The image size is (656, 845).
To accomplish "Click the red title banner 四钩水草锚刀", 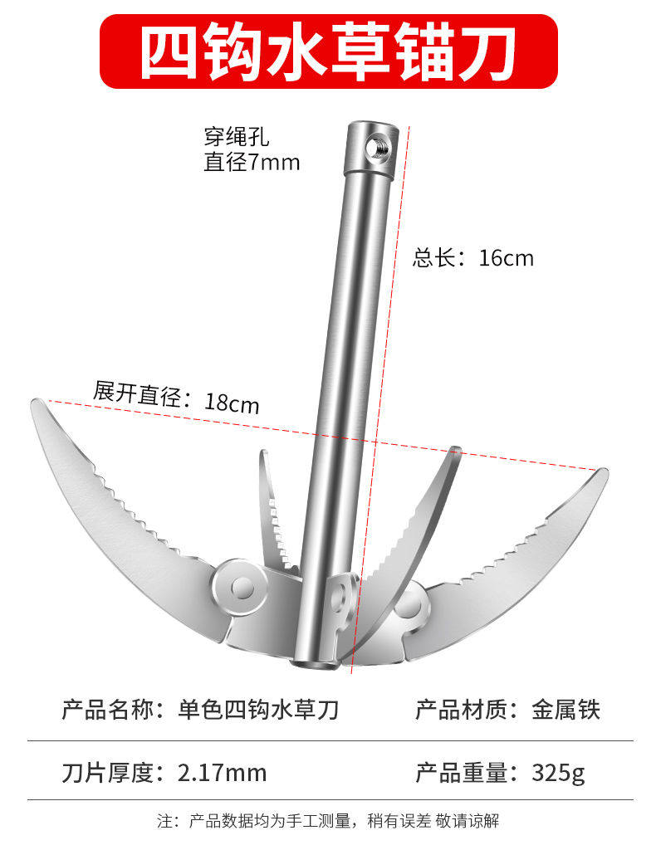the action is pyautogui.click(x=328, y=51).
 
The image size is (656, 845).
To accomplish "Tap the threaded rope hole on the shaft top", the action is pyautogui.click(x=378, y=147).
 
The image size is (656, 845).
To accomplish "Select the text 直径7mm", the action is pyautogui.click(x=252, y=162).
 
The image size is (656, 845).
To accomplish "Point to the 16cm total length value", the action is pyautogui.click(x=507, y=258).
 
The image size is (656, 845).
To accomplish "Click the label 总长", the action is pyautogui.click(x=435, y=258).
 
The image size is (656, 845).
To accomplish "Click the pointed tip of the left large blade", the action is pyautogui.click(x=35, y=403).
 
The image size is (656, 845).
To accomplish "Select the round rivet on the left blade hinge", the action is pyautogui.click(x=241, y=587).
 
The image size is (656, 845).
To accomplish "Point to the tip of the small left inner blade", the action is pyautogui.click(x=264, y=455).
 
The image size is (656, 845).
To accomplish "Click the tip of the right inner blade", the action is pyautogui.click(x=455, y=452).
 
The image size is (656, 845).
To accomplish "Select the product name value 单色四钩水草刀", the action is pyautogui.click(x=259, y=710).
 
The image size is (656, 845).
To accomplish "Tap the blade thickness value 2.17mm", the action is pyautogui.click(x=223, y=773).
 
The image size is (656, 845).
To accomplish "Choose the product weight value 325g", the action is pyautogui.click(x=558, y=773).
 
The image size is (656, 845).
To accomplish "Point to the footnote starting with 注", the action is pyautogui.click(x=328, y=821).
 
